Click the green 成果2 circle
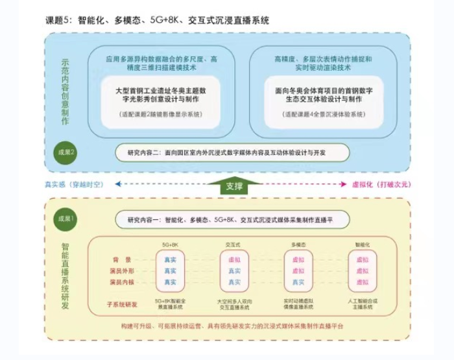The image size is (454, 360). [x=64, y=153]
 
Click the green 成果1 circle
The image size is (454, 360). [x=64, y=219]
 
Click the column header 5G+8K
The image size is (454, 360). [x=170, y=245]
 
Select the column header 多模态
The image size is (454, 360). [x=296, y=245]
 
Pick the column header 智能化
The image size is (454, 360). [x=362, y=245]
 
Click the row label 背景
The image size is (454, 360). [x=125, y=259]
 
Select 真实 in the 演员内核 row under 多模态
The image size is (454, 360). [x=297, y=282]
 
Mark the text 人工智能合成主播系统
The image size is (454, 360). [x=362, y=305]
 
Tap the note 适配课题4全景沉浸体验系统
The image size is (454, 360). [x=323, y=114]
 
